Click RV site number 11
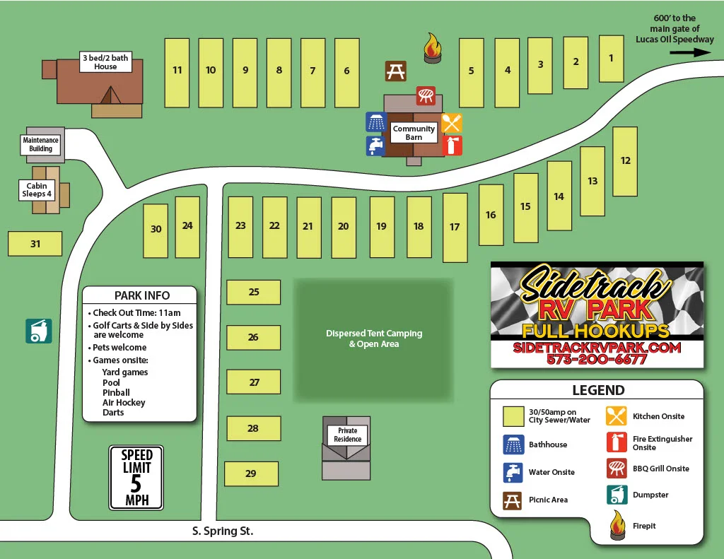pyautogui.click(x=177, y=71)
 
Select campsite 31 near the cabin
pyautogui.click(x=35, y=244)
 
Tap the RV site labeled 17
pyautogui.click(x=455, y=227)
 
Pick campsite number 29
pyautogui.click(x=251, y=473)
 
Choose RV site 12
pyautogui.click(x=625, y=161)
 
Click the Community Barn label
pyautogui.click(x=414, y=133)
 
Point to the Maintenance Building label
pyautogui.click(x=40, y=145)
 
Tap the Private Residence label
pyautogui.click(x=347, y=435)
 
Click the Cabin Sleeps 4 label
pyautogui.click(x=37, y=190)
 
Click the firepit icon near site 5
pyautogui.click(x=432, y=47)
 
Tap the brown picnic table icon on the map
pyautogui.click(x=395, y=71)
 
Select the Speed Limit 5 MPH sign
pyautogui.click(x=136, y=477)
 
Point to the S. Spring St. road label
pyautogui.click(x=223, y=531)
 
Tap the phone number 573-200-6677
pyautogui.click(x=597, y=359)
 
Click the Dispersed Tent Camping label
pyautogui.click(x=373, y=339)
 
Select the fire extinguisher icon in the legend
pyautogui.click(x=617, y=442)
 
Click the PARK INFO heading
pyautogui.click(x=142, y=295)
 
